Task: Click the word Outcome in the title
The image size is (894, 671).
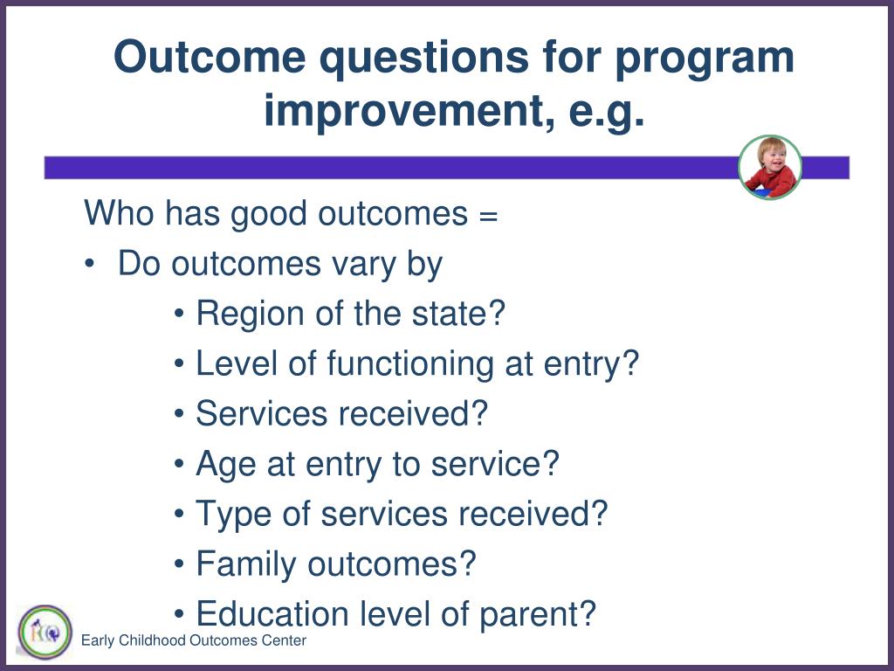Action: pyautogui.click(x=210, y=57)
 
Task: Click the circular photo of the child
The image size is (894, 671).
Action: pyautogui.click(x=770, y=167)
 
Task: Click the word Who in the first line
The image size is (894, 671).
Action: pyautogui.click(x=119, y=213)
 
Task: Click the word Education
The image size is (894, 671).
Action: pyautogui.click(x=272, y=614)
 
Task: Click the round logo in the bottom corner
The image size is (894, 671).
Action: pyautogui.click(x=45, y=633)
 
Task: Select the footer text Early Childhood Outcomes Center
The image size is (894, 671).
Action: pyautogui.click(x=193, y=640)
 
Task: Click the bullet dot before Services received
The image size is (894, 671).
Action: pyautogui.click(x=180, y=413)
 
